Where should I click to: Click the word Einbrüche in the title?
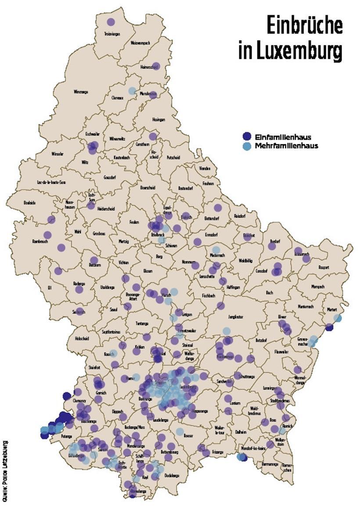pyautogui.click(x=304, y=25)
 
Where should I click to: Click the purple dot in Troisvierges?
pyautogui.click(x=111, y=22)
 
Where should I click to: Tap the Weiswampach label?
pyautogui.click(x=140, y=43)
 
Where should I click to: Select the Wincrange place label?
pyautogui.click(x=81, y=92)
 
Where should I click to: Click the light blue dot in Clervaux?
pyautogui.click(x=132, y=91)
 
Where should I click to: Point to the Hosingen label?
pyautogui.click(x=159, y=119)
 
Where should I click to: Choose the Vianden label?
pyautogui.click(x=205, y=168)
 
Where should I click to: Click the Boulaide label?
pyautogui.click(x=29, y=203)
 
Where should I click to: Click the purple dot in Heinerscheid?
pyautogui.click(x=155, y=66)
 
